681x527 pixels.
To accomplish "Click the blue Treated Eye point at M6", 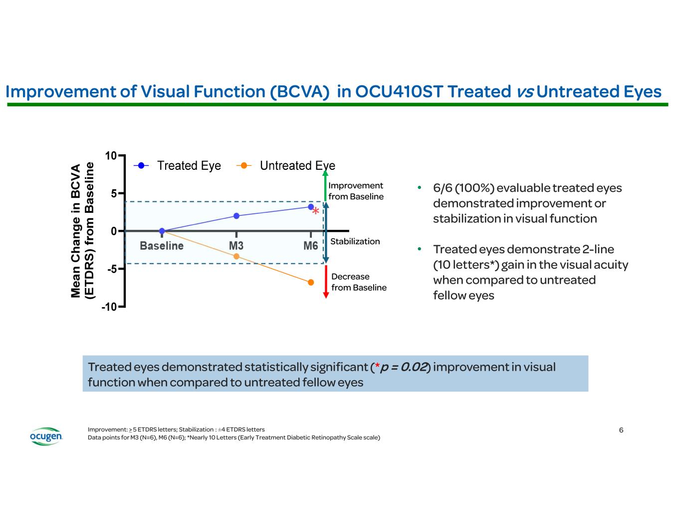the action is pos(311,207).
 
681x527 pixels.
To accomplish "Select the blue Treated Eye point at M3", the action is pos(236,216).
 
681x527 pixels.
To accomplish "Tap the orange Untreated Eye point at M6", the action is pos(311,282).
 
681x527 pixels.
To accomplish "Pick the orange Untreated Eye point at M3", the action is pos(236,256).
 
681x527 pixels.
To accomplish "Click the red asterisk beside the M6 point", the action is pos(316,211).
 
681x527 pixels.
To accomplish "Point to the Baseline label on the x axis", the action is pos(162,246).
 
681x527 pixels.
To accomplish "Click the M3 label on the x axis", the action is pos(236,246).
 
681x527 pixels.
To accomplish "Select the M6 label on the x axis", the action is pos(311,246).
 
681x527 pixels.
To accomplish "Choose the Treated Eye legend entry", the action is pos(178,166).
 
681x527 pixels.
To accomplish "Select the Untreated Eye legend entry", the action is pos(286,166).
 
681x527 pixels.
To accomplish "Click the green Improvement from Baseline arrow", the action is pos(326,185).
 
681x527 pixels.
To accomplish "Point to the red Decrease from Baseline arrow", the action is pos(326,282).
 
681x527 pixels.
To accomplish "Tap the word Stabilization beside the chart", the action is pos(355,241).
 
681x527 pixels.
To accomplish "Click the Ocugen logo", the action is pos(46,436).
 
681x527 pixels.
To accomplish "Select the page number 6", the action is pos(621,430).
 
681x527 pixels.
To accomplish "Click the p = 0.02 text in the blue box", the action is pos(404,367).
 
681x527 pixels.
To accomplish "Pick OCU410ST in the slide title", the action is pos(399,91).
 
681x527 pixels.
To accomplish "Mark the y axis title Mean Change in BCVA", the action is pos(76,231).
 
